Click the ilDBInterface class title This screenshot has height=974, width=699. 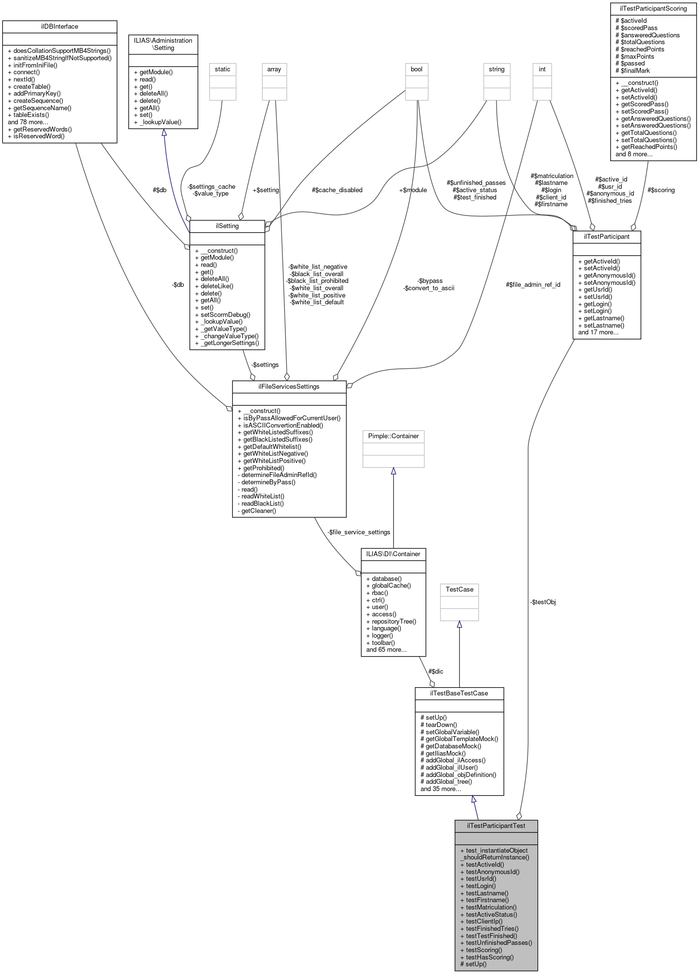(59, 27)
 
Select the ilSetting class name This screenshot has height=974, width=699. (227, 226)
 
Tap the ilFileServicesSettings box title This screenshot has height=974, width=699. (289, 387)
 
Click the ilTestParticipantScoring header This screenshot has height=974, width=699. (653, 8)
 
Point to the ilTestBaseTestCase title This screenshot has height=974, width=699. (459, 693)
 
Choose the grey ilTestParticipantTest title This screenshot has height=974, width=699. (496, 825)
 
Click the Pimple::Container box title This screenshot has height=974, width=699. (393, 436)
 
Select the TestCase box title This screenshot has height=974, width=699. (459, 589)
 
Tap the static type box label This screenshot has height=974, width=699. (223, 69)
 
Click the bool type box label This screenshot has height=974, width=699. (417, 69)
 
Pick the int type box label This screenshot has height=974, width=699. (542, 69)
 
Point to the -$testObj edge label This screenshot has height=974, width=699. (543, 602)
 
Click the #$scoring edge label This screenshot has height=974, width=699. (661, 190)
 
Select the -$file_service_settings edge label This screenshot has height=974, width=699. (359, 532)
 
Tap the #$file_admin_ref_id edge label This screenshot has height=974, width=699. (533, 285)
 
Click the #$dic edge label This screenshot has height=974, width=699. (436, 672)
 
